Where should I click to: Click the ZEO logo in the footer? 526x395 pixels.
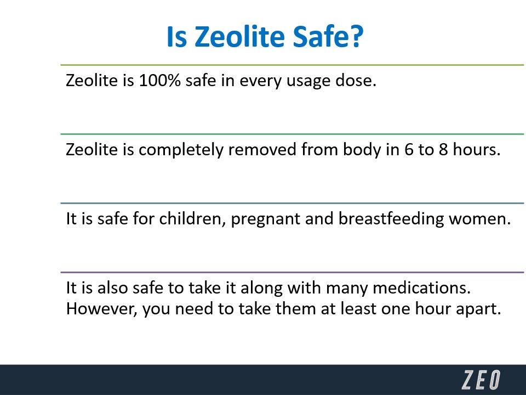481,380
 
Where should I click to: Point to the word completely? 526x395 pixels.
181,150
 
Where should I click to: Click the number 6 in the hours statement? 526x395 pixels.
409,150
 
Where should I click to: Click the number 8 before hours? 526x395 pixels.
443,150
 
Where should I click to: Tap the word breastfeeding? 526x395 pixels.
391,219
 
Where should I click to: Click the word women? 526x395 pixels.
480,219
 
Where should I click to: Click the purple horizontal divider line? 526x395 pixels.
292,272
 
